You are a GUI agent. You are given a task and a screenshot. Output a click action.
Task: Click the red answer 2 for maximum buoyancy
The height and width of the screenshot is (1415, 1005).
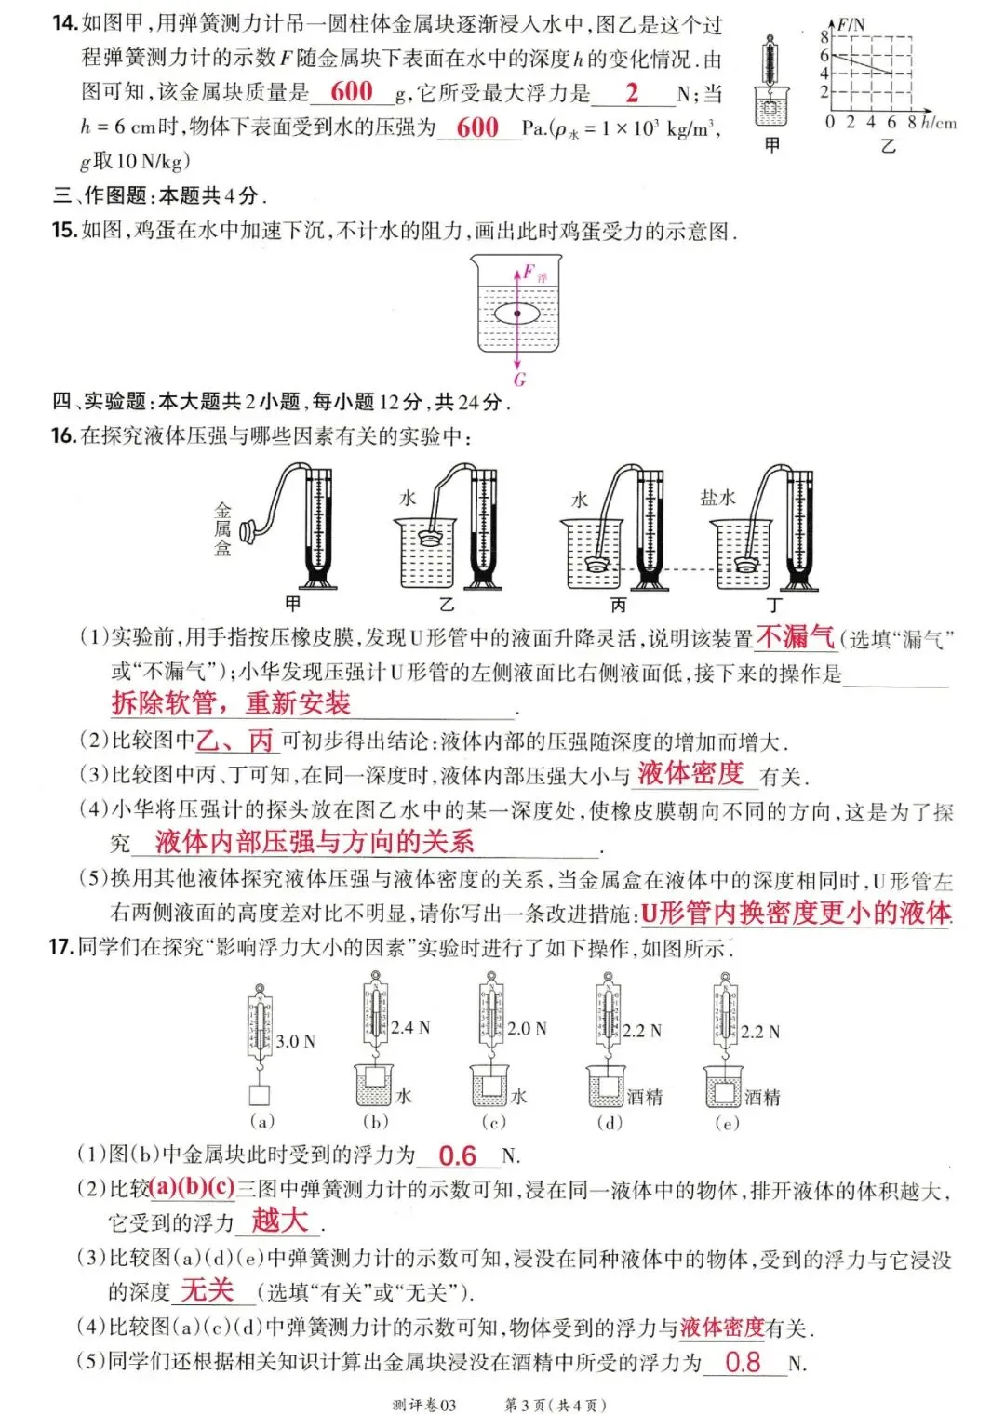click(x=633, y=92)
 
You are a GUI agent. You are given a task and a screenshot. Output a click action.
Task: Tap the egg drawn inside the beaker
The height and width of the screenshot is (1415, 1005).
click(x=517, y=314)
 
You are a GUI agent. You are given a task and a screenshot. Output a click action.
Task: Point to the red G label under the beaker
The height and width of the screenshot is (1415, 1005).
click(x=519, y=379)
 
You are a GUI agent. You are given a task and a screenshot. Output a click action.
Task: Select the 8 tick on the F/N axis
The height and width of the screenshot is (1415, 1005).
click(x=824, y=37)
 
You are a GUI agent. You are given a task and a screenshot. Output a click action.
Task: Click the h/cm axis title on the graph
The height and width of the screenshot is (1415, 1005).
click(x=939, y=122)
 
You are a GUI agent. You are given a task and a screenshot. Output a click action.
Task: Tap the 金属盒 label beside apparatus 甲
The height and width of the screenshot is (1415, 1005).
click(x=222, y=529)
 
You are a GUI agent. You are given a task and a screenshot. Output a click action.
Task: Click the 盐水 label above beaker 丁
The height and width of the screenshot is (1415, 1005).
click(x=717, y=498)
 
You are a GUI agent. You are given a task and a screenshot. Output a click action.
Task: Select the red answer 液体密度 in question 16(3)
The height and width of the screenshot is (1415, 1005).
click(x=690, y=773)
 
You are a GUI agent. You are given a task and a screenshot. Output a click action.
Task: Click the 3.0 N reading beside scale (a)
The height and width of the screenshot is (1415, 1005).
click(x=295, y=1041)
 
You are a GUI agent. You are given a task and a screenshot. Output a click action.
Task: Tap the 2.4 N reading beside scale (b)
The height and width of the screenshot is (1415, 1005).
click(x=410, y=1027)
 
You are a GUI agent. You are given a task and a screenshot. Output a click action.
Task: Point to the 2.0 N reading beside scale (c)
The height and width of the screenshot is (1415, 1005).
click(x=527, y=1028)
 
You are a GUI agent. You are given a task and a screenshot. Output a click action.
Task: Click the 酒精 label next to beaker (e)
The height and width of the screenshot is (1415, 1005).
click(x=762, y=1098)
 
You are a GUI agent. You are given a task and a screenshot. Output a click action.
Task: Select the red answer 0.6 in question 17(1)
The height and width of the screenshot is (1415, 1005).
click(x=457, y=1155)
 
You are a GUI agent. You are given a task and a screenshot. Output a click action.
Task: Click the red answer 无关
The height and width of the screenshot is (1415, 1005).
click(x=207, y=1290)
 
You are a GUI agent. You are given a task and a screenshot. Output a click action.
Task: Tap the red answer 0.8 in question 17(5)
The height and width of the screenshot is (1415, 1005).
click(x=743, y=1363)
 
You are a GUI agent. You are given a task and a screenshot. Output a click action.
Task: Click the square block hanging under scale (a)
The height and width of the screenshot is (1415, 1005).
click(x=260, y=1095)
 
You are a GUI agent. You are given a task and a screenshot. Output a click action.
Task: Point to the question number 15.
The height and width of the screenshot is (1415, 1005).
click(x=64, y=230)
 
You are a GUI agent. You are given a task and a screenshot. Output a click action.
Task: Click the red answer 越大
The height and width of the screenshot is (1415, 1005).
click(x=279, y=1220)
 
